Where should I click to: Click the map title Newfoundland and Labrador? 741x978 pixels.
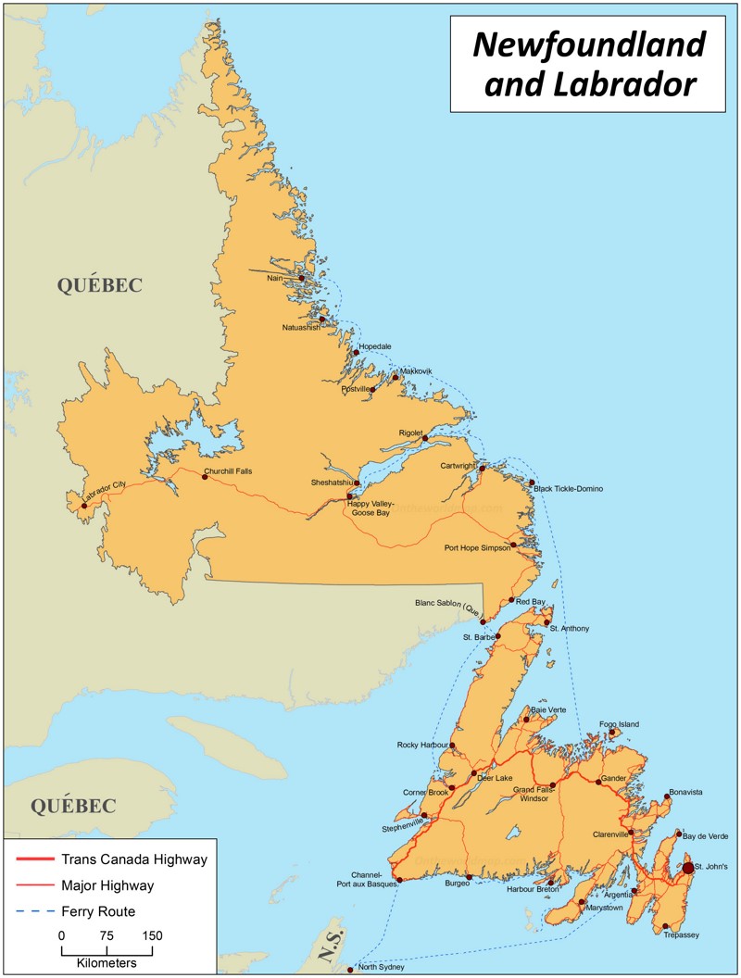click(589, 64)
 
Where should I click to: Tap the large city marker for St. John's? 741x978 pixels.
click(687, 868)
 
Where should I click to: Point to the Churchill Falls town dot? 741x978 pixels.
click(205, 477)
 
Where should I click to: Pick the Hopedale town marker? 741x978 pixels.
click(356, 352)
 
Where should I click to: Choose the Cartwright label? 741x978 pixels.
click(458, 466)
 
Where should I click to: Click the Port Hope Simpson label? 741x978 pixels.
click(476, 547)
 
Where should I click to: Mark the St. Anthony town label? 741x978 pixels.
click(569, 630)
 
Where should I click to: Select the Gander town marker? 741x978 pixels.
click(598, 782)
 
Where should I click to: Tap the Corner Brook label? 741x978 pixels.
click(425, 793)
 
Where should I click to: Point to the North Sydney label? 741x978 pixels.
click(381, 967)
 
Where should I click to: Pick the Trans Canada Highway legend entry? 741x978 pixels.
click(133, 859)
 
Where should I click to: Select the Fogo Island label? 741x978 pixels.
click(619, 724)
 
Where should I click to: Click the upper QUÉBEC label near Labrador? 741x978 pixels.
click(100, 285)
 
